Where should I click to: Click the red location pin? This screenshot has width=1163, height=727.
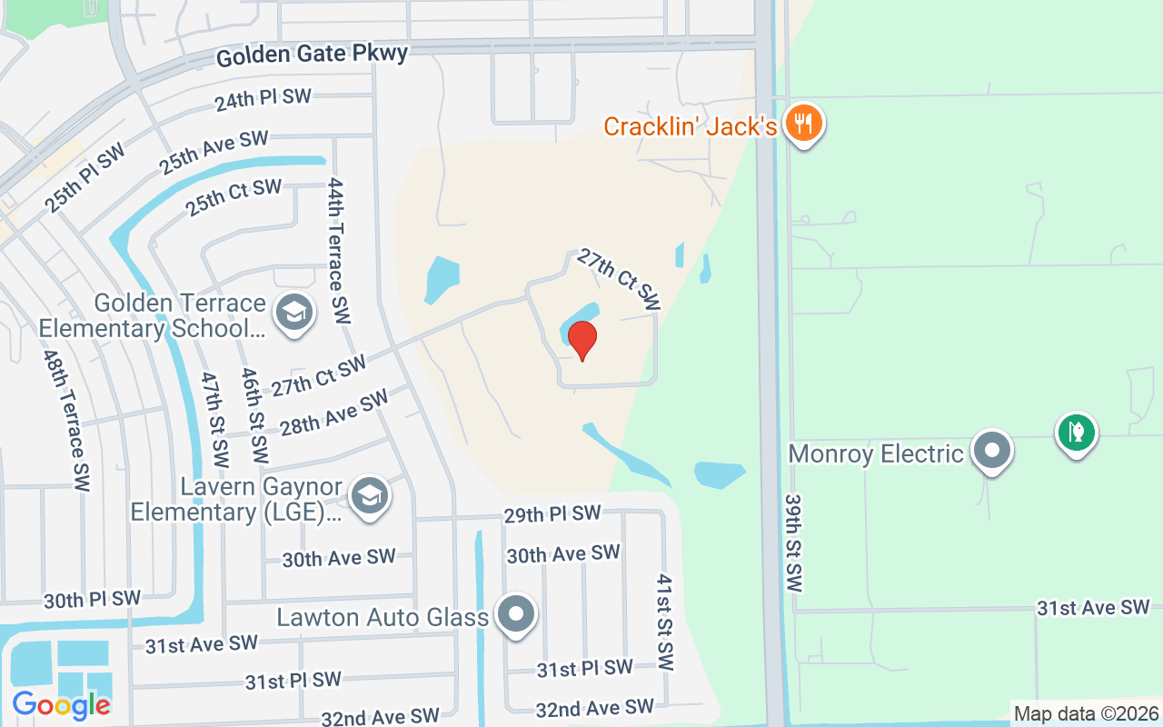(582, 340)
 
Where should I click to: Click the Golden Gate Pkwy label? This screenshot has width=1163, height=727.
(312, 55)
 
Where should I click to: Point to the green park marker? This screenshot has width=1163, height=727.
(1077, 432)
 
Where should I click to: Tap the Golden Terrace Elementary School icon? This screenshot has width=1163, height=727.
(293, 314)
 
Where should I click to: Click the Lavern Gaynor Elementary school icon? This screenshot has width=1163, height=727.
(370, 496)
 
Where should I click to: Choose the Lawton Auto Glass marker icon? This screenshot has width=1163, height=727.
(517, 615)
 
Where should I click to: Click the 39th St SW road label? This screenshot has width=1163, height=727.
(793, 543)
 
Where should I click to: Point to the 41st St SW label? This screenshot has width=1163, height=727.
(665, 622)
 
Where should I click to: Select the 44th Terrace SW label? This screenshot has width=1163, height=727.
(338, 251)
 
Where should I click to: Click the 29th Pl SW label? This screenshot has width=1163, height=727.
(552, 514)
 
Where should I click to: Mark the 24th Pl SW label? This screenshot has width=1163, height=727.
(263, 100)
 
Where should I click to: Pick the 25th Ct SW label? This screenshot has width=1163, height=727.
(234, 198)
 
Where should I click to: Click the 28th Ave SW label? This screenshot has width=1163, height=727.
(333, 413)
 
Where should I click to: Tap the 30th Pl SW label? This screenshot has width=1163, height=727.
(92, 600)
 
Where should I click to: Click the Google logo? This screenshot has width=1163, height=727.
(61, 704)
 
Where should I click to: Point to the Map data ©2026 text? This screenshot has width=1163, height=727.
(1086, 714)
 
